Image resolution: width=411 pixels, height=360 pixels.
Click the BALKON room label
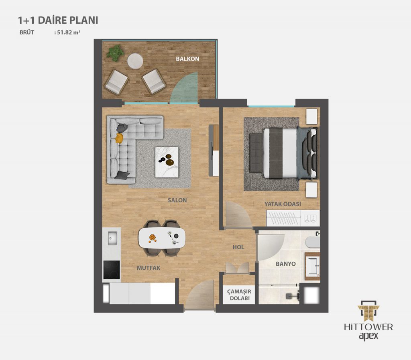(187, 59)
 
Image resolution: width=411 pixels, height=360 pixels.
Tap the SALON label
(177, 200)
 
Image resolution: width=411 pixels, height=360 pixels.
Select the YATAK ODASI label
(283, 204)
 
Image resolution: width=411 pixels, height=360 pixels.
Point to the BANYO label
(286, 264)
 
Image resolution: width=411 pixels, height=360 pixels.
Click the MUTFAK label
(149, 268)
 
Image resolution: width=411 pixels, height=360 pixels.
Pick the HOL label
(238, 247)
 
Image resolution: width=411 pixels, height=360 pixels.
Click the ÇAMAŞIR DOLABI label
(239, 295)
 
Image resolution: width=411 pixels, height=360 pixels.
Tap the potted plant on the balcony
(115, 53)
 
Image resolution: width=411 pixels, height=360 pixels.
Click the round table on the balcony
(135, 61)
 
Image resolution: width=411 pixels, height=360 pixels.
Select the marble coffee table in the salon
(167, 162)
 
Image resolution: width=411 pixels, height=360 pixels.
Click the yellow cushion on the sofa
(120, 138)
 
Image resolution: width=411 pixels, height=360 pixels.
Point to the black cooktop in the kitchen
(112, 270)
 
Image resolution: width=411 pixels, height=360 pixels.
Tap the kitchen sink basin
(113, 238)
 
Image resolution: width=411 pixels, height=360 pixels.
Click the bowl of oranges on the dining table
(152, 238)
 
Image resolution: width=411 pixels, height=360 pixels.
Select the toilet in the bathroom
(313, 242)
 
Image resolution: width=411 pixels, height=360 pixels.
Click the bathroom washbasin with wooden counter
(312, 266)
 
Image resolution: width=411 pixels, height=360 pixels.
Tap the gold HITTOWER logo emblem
(368, 311)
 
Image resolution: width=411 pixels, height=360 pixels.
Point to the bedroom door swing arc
(239, 214)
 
